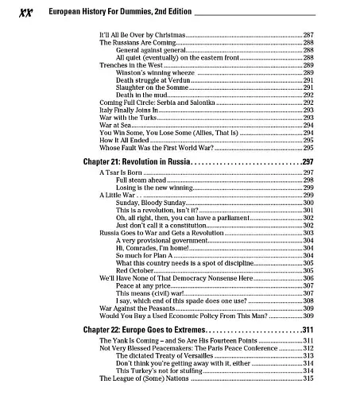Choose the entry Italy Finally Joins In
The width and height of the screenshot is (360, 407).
pyautogui.click(x=128, y=110)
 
